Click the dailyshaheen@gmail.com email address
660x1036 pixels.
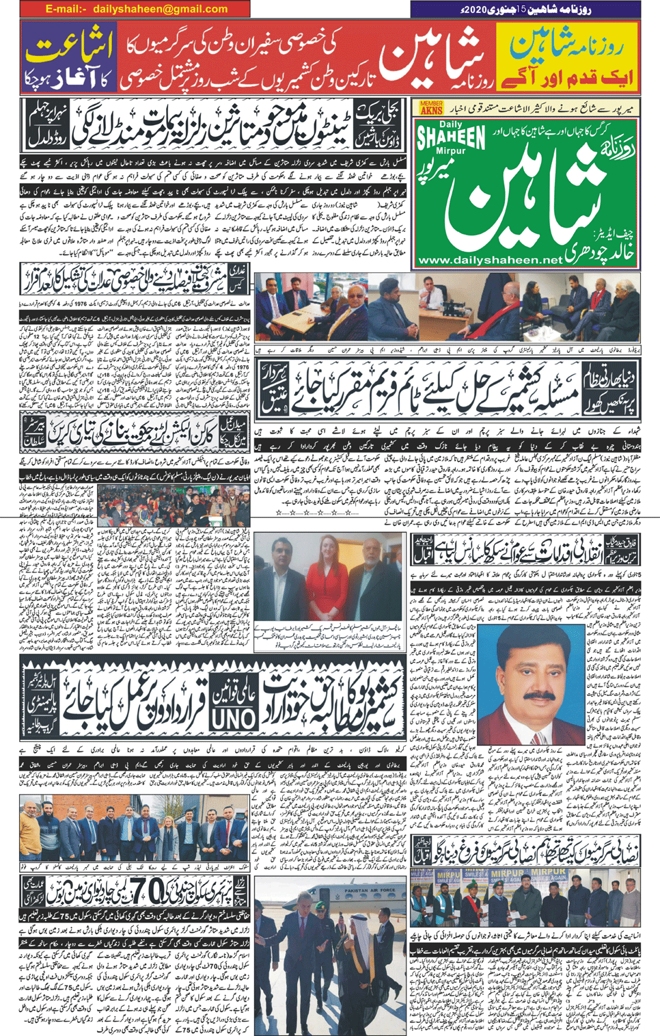click(x=137, y=9)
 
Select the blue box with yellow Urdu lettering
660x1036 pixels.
click(x=68, y=57)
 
